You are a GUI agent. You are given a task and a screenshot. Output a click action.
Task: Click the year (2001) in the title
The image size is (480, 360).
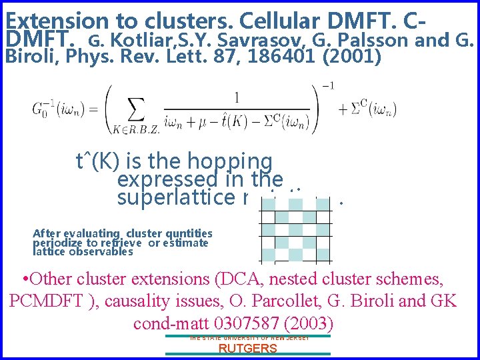coord(352,57)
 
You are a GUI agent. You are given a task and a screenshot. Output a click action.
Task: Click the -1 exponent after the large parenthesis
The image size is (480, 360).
coord(328,85)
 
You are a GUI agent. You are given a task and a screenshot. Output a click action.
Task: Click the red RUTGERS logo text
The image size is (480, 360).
coord(247,349)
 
